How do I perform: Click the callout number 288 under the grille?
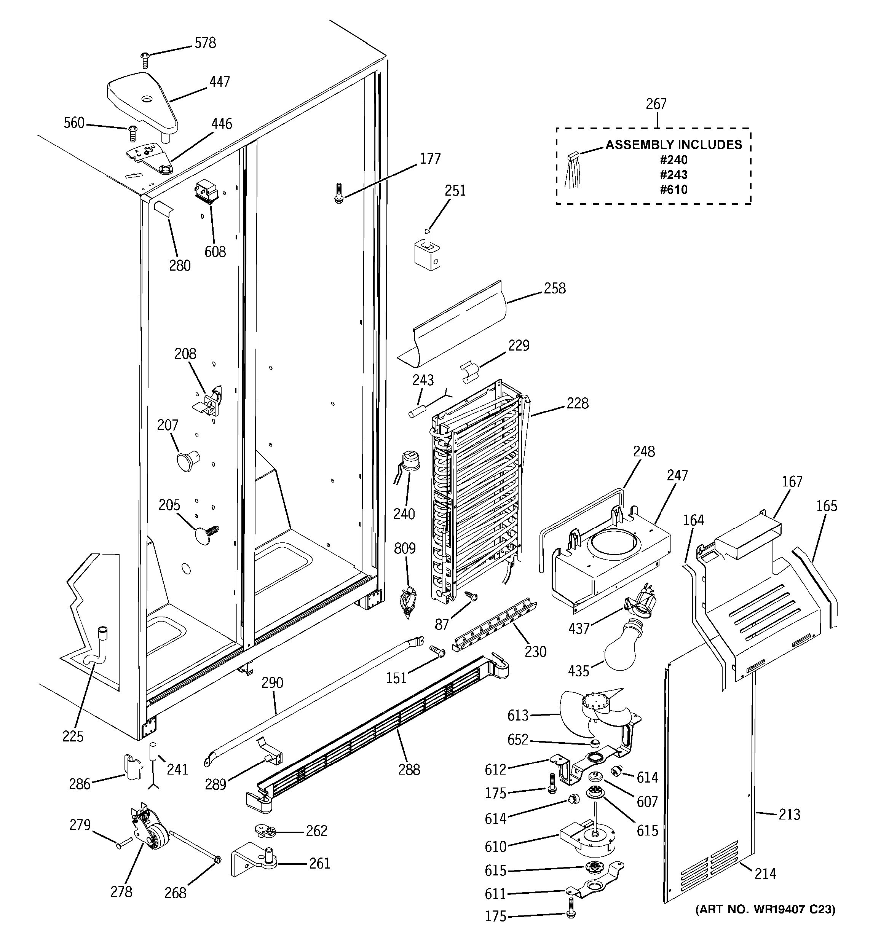pos(409,770)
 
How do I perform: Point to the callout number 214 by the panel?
pos(765,874)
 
